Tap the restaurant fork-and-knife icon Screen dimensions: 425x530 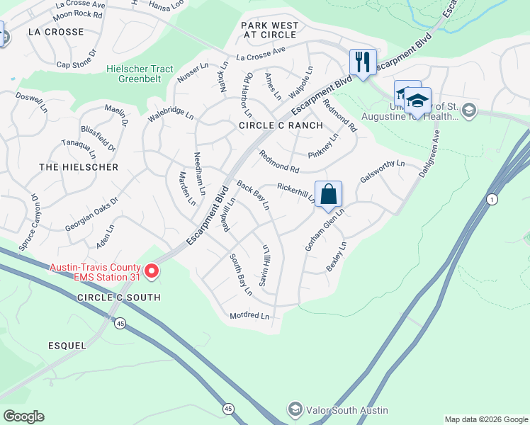(x=362, y=61)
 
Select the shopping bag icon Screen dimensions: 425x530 (x=328, y=193)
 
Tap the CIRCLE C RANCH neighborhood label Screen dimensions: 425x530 (x=281, y=125)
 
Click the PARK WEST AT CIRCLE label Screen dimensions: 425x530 (x=269, y=31)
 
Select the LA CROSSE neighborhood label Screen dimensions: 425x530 (x=56, y=32)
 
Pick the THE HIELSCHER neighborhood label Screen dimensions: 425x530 (x=79, y=167)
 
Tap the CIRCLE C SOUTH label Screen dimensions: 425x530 (x=118, y=297)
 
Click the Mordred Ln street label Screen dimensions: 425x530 (x=249, y=315)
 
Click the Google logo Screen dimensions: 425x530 (x=23, y=416)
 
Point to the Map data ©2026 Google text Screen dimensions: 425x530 (x=485, y=419)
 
